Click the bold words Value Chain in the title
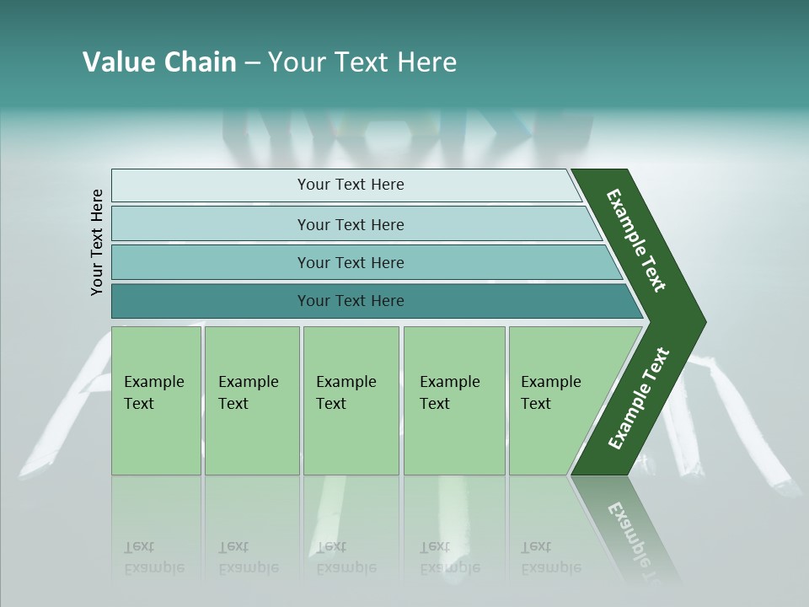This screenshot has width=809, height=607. (159, 62)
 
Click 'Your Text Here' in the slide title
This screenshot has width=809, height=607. (362, 62)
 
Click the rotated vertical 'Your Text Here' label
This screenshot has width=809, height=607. (97, 243)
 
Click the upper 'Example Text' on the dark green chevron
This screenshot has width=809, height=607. (636, 240)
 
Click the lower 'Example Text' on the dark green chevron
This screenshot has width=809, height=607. (638, 399)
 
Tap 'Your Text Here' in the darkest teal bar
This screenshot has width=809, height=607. (351, 301)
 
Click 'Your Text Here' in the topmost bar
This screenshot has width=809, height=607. (351, 185)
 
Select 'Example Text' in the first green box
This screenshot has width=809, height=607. (153, 393)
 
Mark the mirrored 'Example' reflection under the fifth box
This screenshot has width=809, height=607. (551, 567)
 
